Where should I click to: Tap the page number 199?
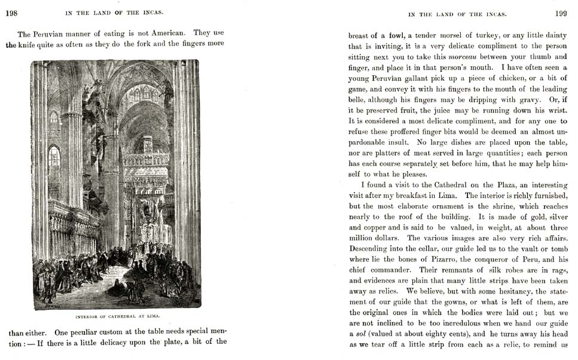coord(561,13)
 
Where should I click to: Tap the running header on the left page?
coord(117,13)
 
